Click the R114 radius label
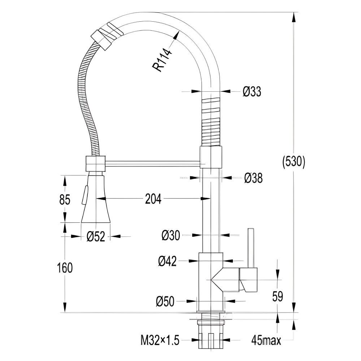point(162,60)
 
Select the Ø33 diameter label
point(252,91)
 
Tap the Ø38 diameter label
point(253,178)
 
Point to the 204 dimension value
point(153,199)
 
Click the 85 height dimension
point(65,199)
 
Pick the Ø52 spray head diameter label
point(96,236)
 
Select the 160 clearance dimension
point(65,268)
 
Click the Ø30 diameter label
point(171,235)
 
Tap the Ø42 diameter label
point(168,261)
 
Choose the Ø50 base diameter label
point(165,301)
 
